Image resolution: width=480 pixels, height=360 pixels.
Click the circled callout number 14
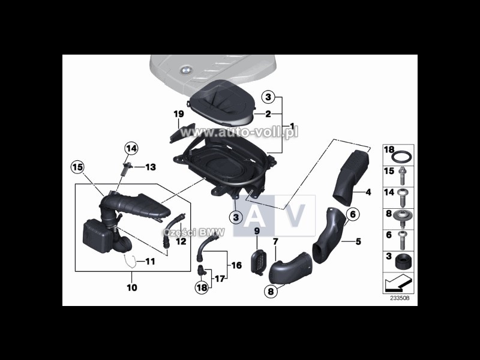click(x=131, y=149)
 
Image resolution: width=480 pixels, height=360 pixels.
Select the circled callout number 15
click(x=77, y=167)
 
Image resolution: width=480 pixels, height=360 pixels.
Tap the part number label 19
click(x=179, y=114)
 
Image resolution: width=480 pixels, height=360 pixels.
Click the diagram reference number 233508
click(x=399, y=298)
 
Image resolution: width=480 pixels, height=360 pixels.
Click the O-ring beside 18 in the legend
click(x=401, y=157)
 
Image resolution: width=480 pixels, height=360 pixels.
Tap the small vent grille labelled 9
click(x=257, y=262)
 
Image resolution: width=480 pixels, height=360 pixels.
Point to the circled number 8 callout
click(x=271, y=291)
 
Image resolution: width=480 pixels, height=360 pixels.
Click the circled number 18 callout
click(x=202, y=287)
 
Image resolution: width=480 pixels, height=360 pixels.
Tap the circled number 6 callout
click(x=353, y=214)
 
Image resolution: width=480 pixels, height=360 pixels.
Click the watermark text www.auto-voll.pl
click(x=239, y=132)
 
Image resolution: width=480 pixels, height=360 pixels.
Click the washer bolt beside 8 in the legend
click(x=402, y=218)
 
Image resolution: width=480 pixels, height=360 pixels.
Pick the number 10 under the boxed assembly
click(x=132, y=288)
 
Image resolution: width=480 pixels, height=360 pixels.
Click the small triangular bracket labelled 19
click(x=182, y=133)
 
